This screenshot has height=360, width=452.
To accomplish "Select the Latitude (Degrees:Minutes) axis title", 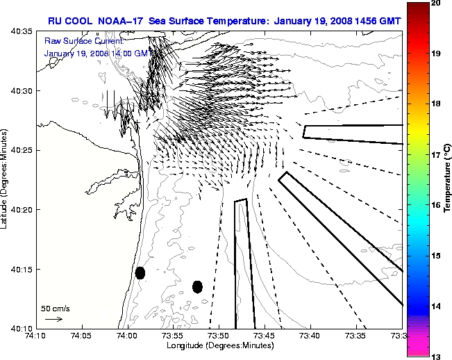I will (x=6, y=179).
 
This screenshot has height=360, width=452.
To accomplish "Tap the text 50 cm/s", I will (x=55, y=308).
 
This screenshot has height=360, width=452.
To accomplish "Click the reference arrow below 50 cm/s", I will (x=53, y=319).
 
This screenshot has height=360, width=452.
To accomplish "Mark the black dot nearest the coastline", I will (x=140, y=272).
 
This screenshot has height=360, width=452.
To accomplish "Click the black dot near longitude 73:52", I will (x=197, y=286).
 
